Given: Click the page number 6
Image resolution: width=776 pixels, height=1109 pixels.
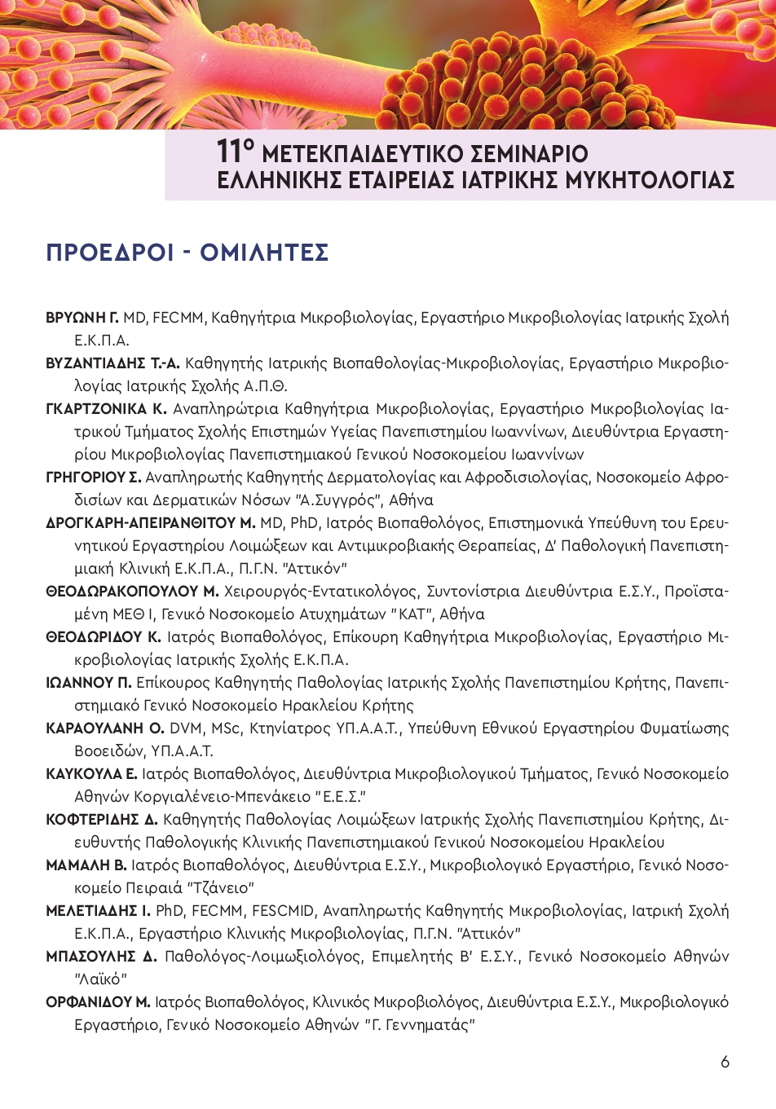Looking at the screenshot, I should (x=725, y=1062).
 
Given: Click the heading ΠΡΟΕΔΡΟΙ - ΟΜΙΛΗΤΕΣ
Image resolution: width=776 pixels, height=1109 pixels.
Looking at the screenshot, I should (x=187, y=253).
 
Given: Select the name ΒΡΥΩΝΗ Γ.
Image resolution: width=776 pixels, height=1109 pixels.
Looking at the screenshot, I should (x=82, y=318).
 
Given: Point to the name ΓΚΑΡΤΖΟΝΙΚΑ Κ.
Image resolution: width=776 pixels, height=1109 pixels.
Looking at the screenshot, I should (x=106, y=409).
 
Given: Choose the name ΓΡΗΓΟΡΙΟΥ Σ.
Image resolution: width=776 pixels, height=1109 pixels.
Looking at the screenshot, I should (x=94, y=477).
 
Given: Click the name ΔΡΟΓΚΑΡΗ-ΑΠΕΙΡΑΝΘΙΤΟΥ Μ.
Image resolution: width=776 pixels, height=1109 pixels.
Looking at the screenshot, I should (x=151, y=523).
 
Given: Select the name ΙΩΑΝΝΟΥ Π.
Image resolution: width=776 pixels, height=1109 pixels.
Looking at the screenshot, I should (x=89, y=683).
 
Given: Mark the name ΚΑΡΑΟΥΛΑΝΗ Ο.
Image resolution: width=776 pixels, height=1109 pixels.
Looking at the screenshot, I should (x=105, y=728).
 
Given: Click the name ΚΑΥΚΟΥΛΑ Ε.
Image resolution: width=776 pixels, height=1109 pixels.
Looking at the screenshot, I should (x=91, y=774).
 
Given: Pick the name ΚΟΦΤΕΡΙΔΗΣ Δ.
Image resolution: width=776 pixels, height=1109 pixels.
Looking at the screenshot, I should (x=102, y=820).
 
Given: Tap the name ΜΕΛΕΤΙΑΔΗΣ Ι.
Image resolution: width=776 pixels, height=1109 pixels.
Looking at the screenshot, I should (x=98, y=911).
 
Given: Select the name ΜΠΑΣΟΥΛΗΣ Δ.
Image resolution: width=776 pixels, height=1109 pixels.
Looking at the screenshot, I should (x=101, y=957).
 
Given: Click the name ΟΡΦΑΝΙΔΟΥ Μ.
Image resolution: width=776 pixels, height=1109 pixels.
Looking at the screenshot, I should (x=98, y=1002).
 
